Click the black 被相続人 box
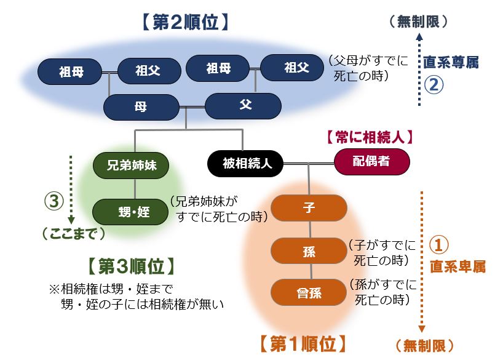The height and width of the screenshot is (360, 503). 244,164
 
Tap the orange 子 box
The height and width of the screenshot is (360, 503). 309,207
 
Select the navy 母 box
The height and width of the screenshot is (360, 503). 140,107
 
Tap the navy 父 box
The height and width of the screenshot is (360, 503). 245,105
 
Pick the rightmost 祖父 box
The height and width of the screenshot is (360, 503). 296,68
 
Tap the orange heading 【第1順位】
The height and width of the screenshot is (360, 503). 302,343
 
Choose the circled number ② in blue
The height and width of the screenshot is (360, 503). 434,85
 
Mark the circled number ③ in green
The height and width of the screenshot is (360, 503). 54,201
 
